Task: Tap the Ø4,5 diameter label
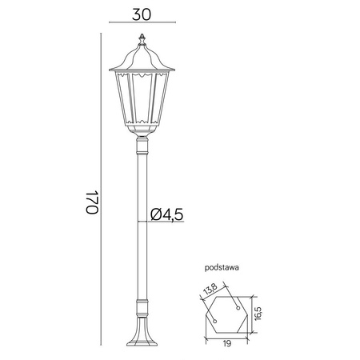168,214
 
